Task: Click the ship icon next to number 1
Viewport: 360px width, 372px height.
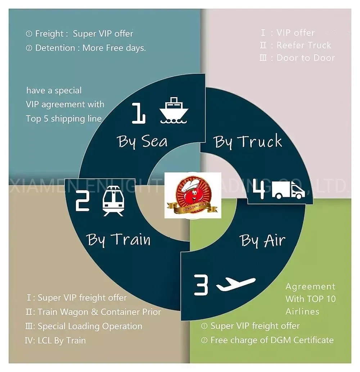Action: point(174,110)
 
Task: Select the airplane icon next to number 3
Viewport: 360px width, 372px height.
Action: point(236,284)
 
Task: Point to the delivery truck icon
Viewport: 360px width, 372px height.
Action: point(288,190)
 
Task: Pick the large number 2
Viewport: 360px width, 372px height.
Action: point(82,202)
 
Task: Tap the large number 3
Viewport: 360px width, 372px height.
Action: point(201,285)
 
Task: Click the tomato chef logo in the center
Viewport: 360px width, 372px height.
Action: point(193,195)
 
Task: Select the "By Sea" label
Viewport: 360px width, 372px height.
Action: point(142,141)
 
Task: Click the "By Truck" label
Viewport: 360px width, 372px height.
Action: point(248,141)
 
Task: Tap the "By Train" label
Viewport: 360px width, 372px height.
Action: point(118,240)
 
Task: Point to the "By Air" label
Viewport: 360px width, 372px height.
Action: point(262,240)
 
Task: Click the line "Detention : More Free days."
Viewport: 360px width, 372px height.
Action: point(90,48)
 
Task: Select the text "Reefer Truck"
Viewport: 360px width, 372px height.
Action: point(304,45)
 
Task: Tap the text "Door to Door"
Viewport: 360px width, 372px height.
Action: point(306,58)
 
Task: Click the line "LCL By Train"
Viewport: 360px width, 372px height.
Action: point(62,340)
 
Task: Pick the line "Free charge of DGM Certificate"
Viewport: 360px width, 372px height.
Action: point(272,340)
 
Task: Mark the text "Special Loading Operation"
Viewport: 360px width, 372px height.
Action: point(90,326)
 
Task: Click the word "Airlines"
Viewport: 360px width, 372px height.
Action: point(302,311)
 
